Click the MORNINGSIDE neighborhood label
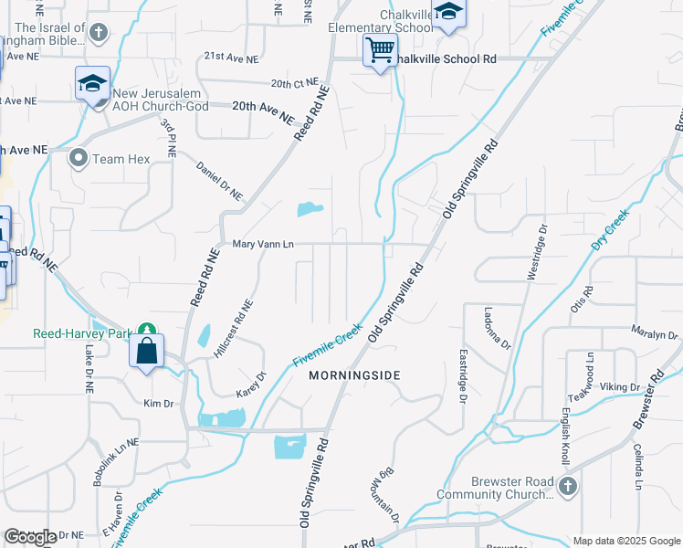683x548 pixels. [354, 375]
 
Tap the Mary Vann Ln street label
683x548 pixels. [263, 244]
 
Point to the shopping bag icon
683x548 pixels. [146, 352]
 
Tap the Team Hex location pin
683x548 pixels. [79, 159]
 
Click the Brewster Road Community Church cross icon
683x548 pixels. [567, 486]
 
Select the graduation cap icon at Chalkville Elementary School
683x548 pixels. [447, 13]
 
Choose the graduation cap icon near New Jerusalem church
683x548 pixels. [91, 84]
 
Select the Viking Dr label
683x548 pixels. [621, 387]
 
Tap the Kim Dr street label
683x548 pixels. [158, 402]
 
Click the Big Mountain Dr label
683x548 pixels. [384, 499]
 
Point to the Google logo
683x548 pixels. [30, 538]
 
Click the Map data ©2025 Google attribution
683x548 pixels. [626, 541]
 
